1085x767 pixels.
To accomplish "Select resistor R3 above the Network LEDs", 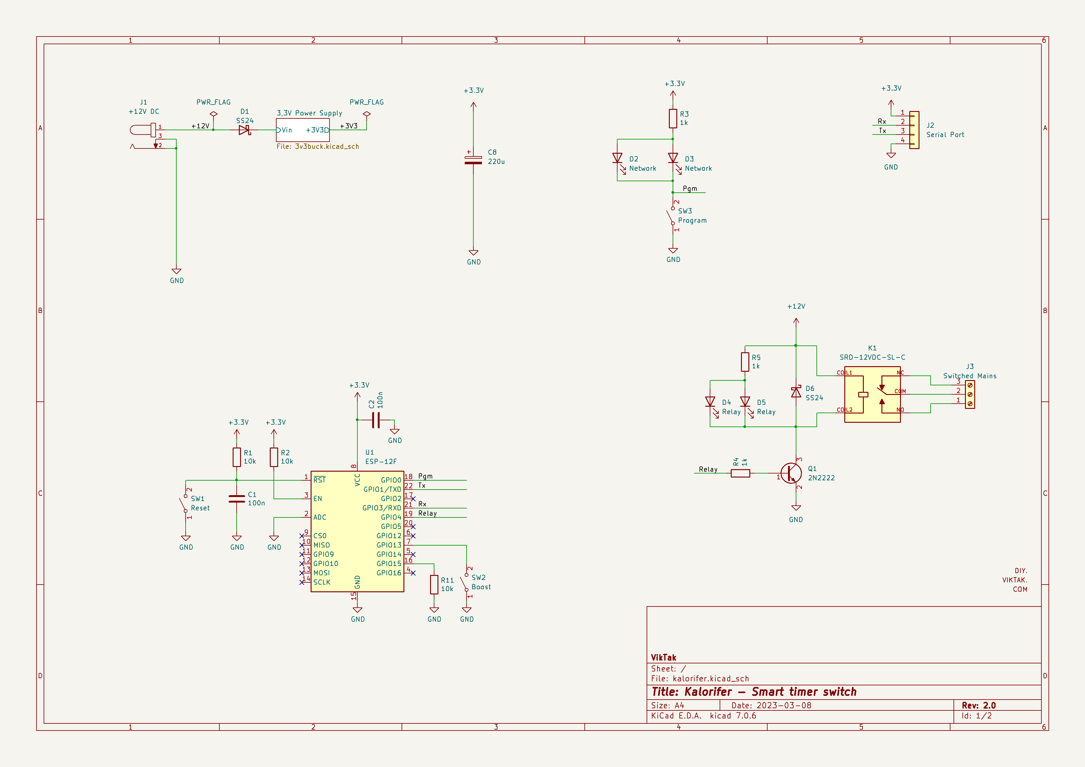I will point(673,118).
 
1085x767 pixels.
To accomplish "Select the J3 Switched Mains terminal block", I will point(970,394).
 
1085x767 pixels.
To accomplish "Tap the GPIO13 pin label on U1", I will point(389,545).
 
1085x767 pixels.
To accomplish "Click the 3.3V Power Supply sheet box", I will point(303,130).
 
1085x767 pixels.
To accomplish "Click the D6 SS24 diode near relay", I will point(796,392).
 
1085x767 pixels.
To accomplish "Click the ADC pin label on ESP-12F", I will point(320,517).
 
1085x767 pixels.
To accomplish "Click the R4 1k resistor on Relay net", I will point(740,473).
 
